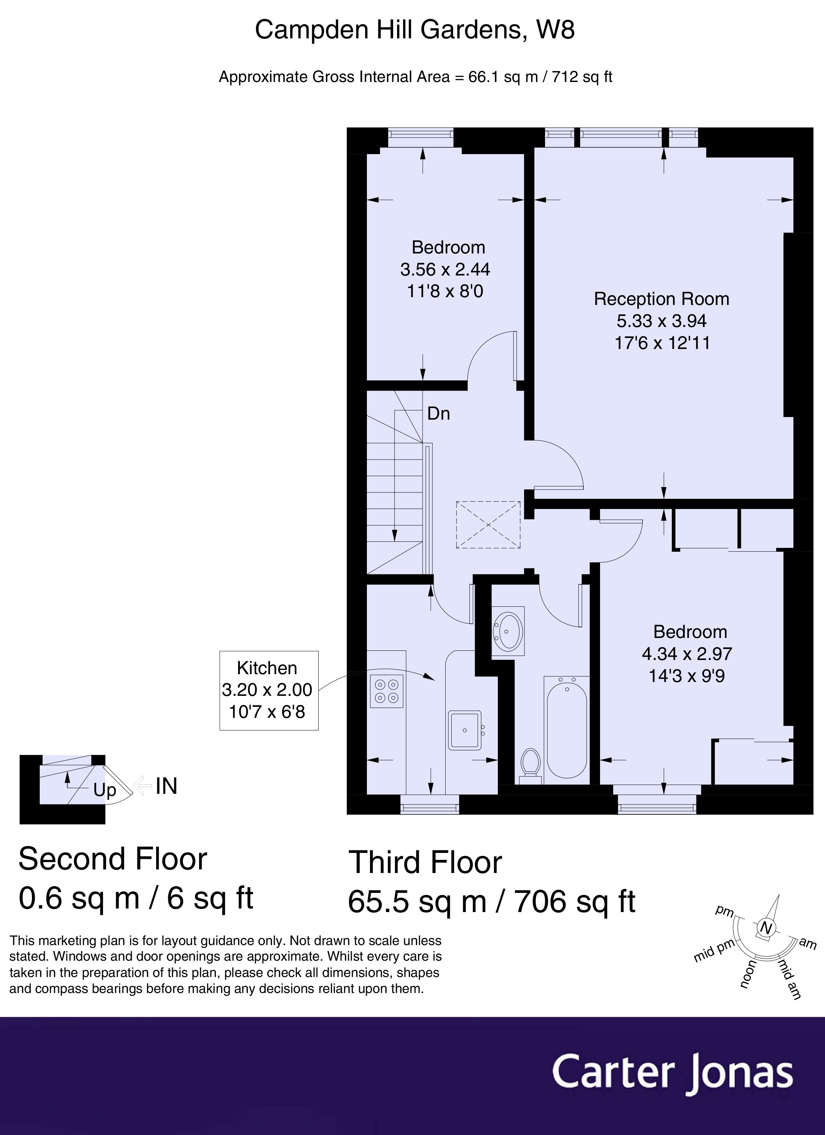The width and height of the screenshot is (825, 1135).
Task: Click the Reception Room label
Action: coord(661,299)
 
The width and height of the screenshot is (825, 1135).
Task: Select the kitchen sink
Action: coord(465,730)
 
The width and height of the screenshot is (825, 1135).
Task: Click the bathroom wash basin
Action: coord(508,631)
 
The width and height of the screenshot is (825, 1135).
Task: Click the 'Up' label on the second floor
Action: coord(105,790)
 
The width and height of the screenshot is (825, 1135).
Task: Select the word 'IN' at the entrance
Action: coord(167,786)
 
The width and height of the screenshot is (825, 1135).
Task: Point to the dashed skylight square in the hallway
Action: coord(488,525)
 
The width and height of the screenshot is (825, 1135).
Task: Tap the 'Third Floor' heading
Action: coord(425,862)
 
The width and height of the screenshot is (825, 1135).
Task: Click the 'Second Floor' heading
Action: coord(112,859)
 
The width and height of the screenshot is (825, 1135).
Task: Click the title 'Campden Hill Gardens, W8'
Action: coord(415,30)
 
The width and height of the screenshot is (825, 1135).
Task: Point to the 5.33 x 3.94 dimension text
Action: coord(662,321)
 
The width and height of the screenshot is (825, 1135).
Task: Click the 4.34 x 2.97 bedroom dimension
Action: coord(687,654)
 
